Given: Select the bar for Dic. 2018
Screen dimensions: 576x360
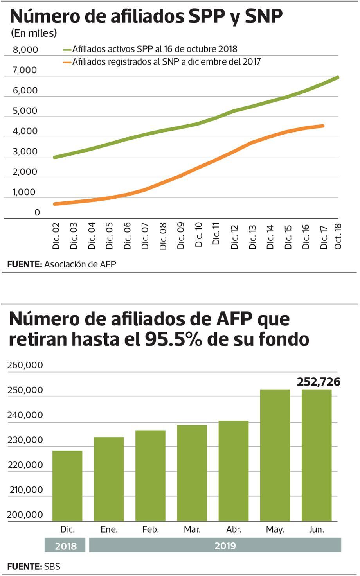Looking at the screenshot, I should click(67, 486).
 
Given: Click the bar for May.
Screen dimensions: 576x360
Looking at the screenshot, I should click(275, 455).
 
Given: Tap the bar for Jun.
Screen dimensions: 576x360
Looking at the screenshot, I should click(317, 455).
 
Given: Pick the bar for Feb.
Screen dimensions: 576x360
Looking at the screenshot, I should click(150, 476).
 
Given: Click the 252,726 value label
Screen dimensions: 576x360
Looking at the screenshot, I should click(319, 382).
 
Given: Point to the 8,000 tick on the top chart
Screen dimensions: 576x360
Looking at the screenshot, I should click(25, 50).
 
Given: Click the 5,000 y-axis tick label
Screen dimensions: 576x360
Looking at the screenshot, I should click(25, 111).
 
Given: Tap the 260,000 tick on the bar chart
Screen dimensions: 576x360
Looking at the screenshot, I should click(25, 365).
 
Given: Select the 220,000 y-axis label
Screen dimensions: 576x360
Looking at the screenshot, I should click(25, 465).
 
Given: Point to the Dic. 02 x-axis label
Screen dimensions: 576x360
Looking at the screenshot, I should click(56, 236).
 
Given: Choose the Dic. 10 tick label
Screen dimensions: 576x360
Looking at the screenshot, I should click(198, 235).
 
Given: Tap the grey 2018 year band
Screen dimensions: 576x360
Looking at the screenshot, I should click(65, 545).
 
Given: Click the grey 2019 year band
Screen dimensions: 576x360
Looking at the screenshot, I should click(215, 545).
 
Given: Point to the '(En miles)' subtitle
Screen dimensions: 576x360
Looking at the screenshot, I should click(34, 33).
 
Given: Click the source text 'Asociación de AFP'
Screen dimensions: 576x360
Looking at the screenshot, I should click(80, 264).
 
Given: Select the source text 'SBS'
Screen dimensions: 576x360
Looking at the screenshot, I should click(52, 566).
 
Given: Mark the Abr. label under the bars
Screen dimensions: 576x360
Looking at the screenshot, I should click(234, 529).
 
